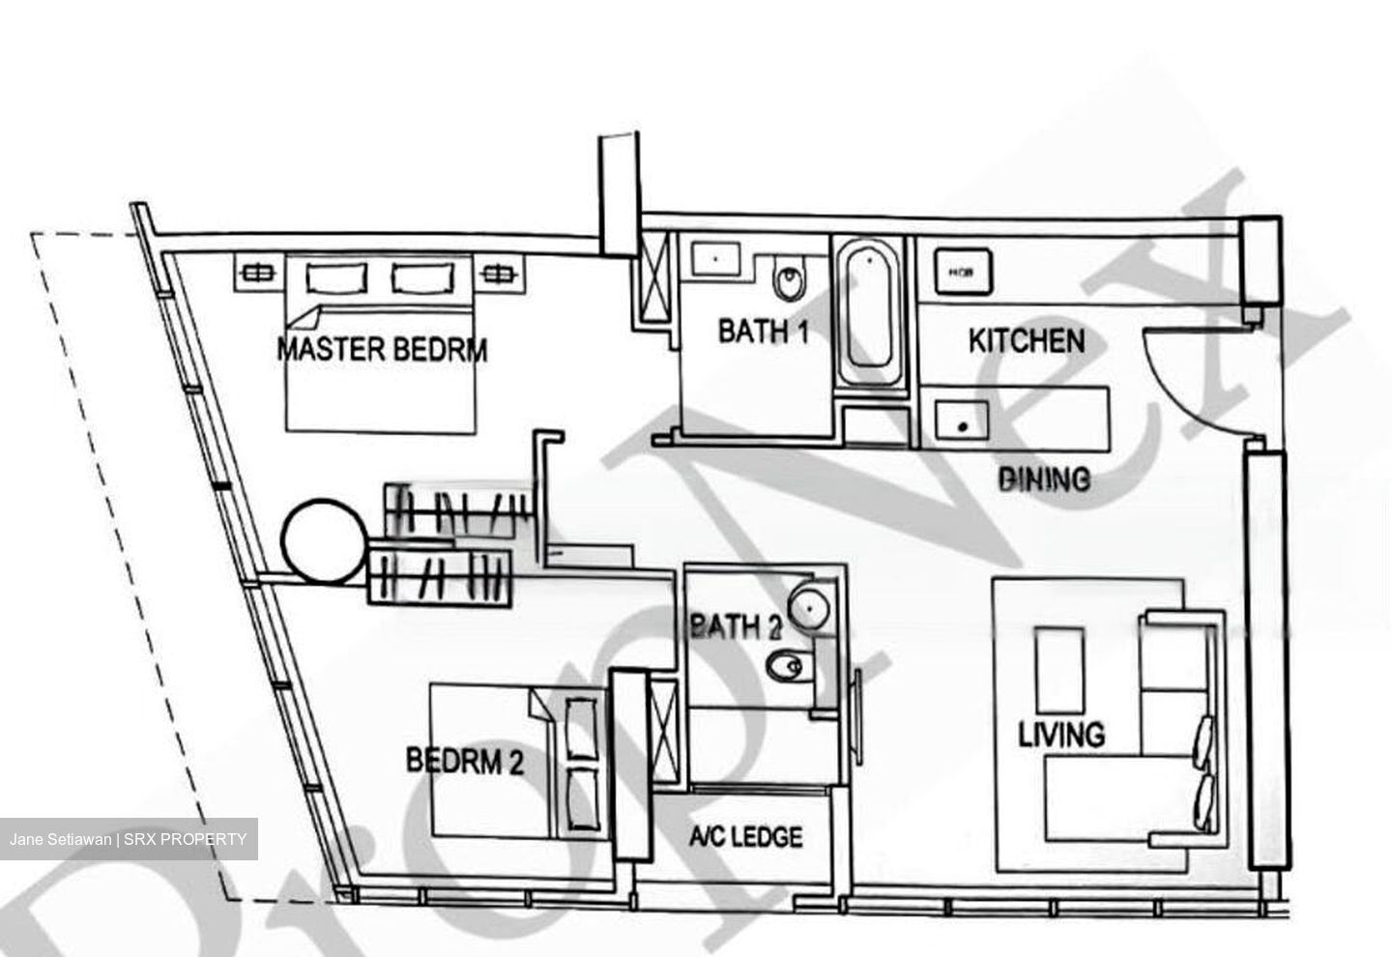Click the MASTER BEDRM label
382,349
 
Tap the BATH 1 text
764,331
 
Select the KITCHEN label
1027,341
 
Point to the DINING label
1044,479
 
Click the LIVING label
1061,734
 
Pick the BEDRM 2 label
465,761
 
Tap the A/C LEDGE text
745,837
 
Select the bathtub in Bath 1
869,315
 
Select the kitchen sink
961,420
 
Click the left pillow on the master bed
335,277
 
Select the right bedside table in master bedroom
499,273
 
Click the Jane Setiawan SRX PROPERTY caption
129,839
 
